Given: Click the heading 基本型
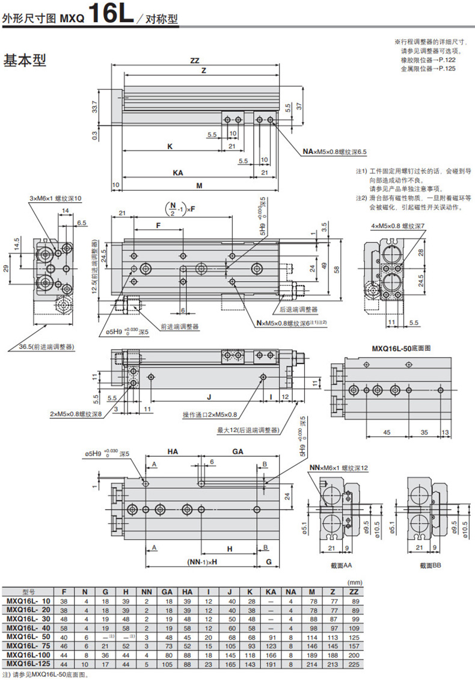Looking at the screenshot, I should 25,61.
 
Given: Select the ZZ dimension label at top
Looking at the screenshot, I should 194,60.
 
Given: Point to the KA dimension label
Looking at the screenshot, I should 178,173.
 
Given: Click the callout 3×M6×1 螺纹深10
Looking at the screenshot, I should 55,198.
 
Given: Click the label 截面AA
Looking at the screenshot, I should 342,566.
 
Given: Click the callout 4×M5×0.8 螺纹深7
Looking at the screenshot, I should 398,226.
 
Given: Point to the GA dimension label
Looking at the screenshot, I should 237,451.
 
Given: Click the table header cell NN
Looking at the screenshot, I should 146,592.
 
